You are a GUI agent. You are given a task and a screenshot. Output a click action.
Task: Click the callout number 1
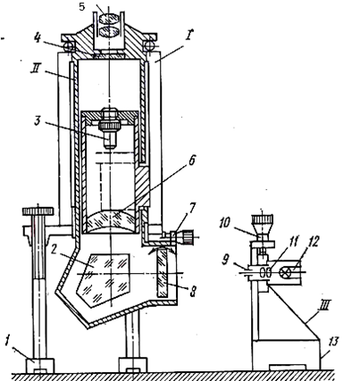pos(8,340)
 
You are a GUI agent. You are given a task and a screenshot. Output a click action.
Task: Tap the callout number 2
pos(54,250)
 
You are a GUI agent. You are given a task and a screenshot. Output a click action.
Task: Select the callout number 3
pos(37,120)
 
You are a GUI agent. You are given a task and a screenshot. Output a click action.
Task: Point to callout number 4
pos(37,38)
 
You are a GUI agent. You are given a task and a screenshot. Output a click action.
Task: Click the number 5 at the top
pos(82,6)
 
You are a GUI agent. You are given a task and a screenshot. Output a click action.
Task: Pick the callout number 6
pos(191,161)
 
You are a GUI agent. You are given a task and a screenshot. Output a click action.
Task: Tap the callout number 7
pos(193,209)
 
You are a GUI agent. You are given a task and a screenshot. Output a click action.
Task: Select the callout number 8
pos(193,292)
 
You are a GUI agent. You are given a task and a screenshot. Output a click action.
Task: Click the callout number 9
pos(226,260)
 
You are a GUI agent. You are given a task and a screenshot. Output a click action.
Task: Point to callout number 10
pos(225,223)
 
